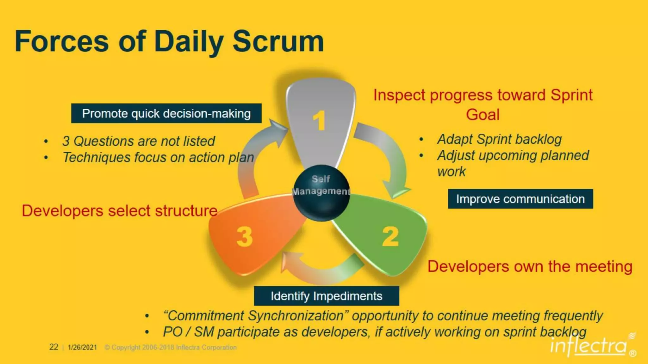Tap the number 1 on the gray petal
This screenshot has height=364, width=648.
[319, 120]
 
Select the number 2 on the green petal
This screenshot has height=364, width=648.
[390, 237]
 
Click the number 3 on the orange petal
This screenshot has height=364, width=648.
[245, 237]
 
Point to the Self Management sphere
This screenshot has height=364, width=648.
[321, 193]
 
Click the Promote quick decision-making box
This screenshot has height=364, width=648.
[166, 113]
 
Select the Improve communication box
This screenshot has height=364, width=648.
[520, 199]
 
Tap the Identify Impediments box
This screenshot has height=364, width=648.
[326, 296]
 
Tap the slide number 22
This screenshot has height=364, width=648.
[53, 347]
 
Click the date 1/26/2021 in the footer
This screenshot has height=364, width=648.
[82, 347]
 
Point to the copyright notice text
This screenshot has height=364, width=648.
[171, 347]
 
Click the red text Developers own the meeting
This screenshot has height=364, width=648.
[530, 266]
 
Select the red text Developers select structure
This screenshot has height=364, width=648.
[120, 211]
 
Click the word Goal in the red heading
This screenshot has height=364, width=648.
[483, 114]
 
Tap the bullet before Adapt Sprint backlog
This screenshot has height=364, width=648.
[421, 139]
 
